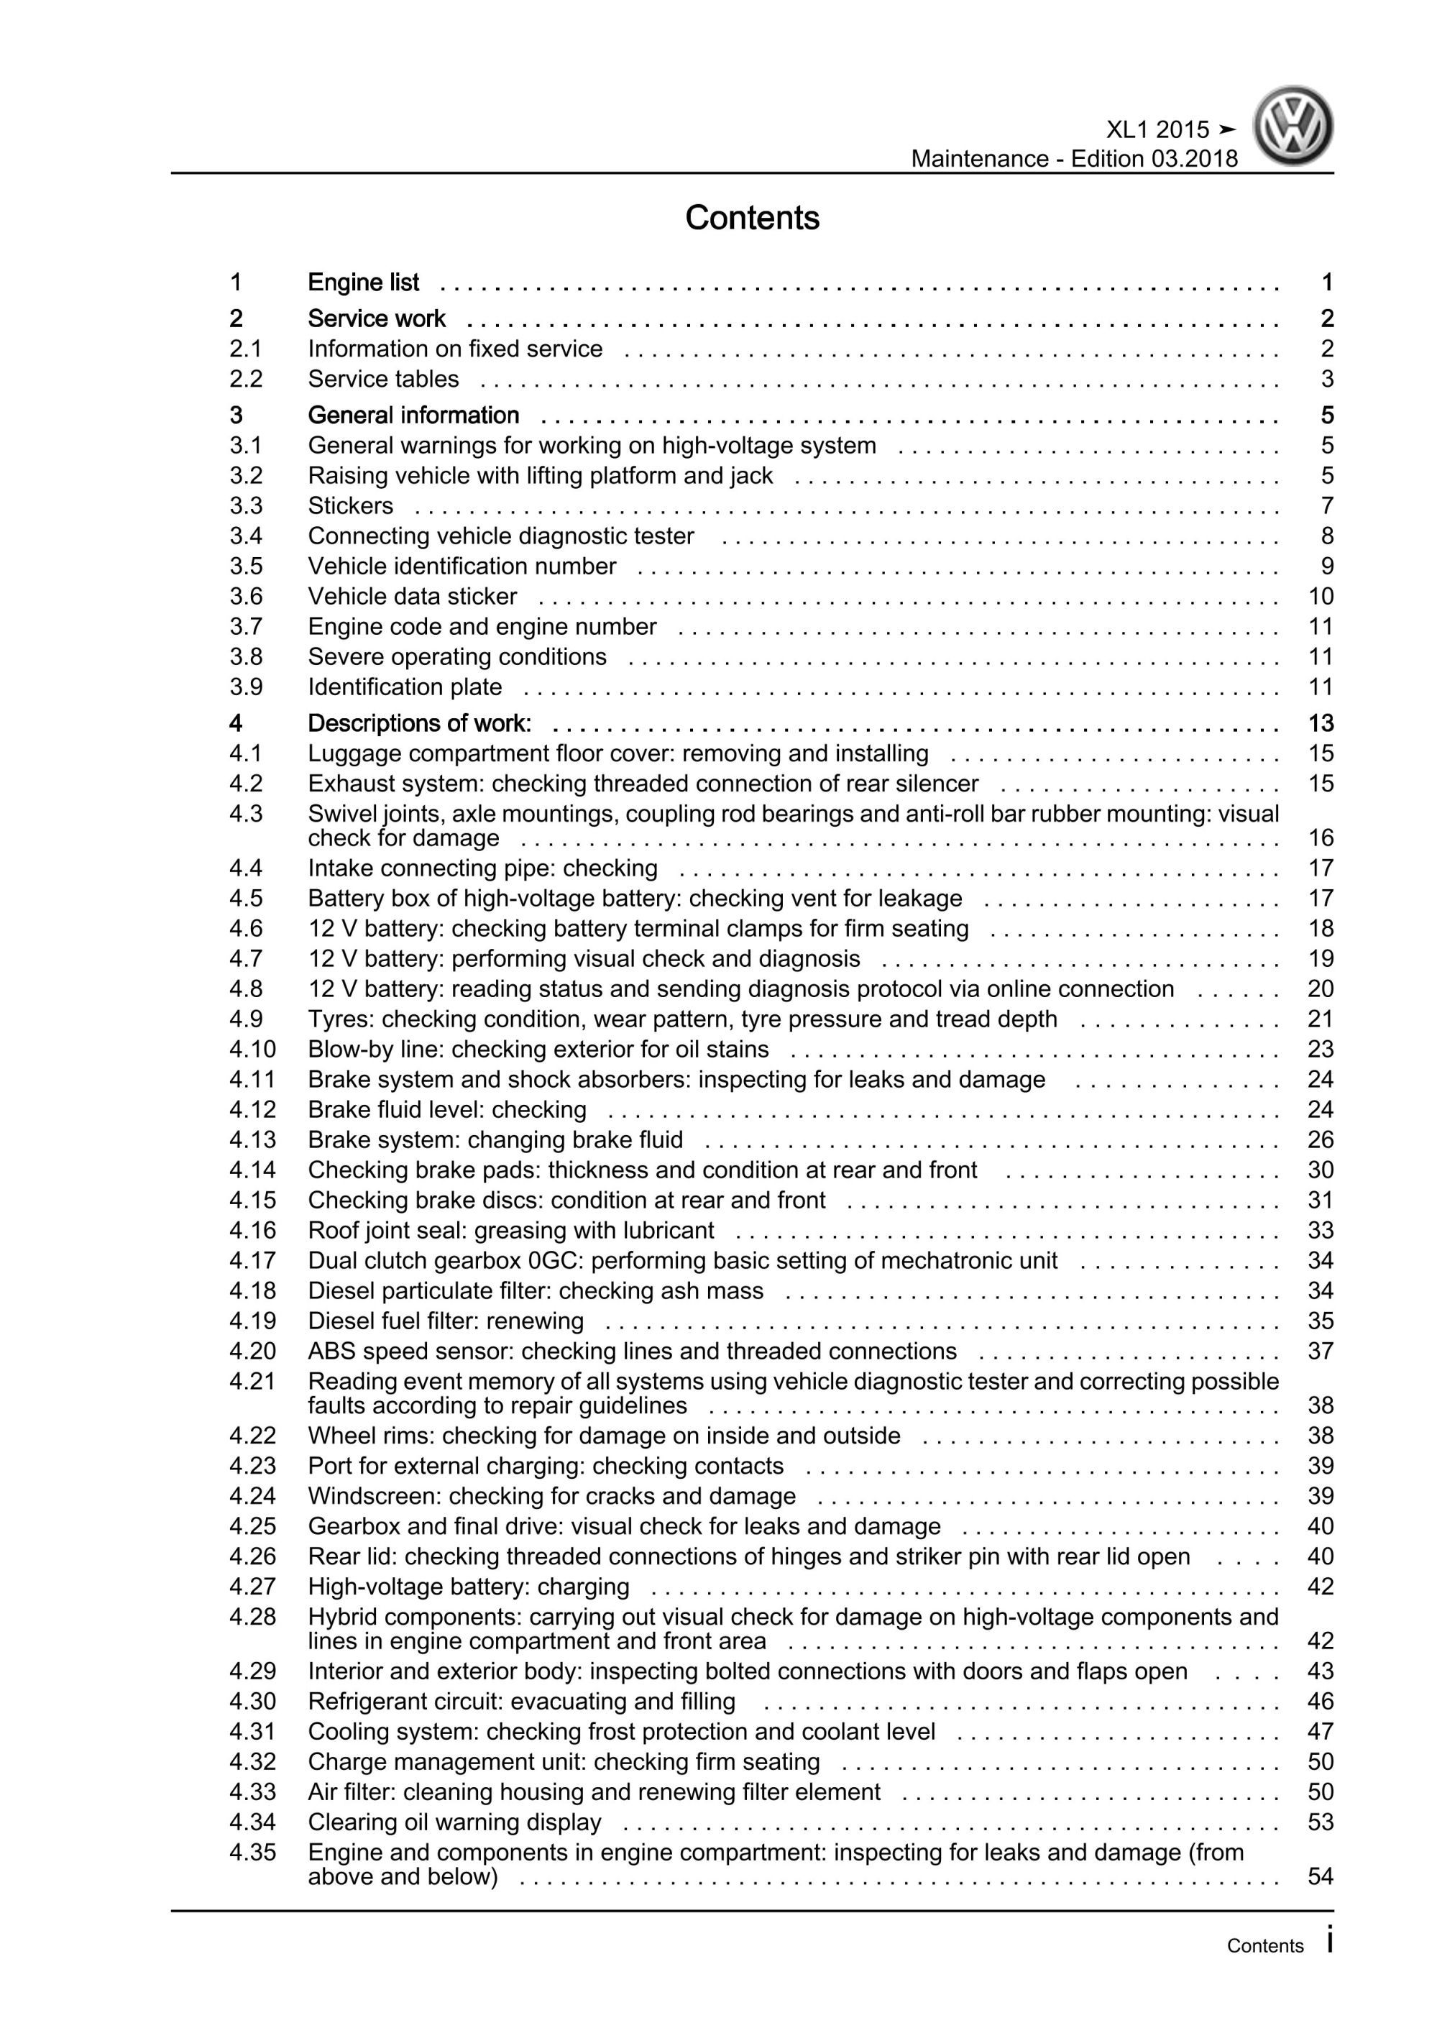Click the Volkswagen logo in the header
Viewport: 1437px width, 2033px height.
pyautogui.click(x=1293, y=126)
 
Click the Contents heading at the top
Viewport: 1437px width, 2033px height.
pyautogui.click(x=752, y=218)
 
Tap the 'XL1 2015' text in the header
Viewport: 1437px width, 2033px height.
pyautogui.click(x=1157, y=130)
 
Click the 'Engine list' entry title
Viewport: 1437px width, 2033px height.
pyautogui.click(x=363, y=283)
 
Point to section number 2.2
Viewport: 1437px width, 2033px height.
pyautogui.click(x=246, y=379)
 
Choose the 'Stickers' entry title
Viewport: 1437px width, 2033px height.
pyautogui.click(x=351, y=505)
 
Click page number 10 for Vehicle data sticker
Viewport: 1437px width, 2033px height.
pyautogui.click(x=1320, y=596)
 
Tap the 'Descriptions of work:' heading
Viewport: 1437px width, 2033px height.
pyautogui.click(x=420, y=723)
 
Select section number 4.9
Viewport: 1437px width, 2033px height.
pyautogui.click(x=246, y=1019)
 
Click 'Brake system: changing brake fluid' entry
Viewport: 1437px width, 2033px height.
pyautogui.click(x=495, y=1139)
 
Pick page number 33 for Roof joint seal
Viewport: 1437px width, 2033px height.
pyautogui.click(x=1320, y=1230)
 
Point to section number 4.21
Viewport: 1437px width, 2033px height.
pyautogui.click(x=252, y=1381)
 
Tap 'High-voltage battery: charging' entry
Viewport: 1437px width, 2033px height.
pyautogui.click(x=469, y=1586)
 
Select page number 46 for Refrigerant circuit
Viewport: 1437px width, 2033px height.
pyautogui.click(x=1320, y=1701)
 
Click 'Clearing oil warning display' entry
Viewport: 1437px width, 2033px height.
pyautogui.click(x=454, y=1822)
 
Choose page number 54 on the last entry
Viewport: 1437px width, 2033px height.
pyautogui.click(x=1320, y=1876)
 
